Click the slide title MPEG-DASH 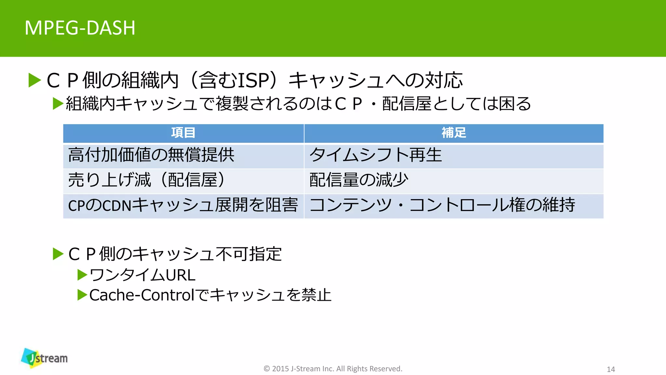[80, 28]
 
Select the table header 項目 [183, 133]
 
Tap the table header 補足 [454, 133]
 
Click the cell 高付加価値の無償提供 [151, 155]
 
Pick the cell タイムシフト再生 [376, 155]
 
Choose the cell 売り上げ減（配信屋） [146, 180]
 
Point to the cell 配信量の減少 [359, 180]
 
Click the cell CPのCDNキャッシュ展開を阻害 [183, 205]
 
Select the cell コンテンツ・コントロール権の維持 [442, 205]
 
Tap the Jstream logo [45, 358]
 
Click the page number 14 [611, 369]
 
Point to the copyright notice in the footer [333, 369]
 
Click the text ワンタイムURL [142, 275]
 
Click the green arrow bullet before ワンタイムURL [82, 275]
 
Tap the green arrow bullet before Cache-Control [82, 295]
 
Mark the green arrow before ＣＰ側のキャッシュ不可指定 [58, 254]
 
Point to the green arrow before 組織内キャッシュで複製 [58, 104]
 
